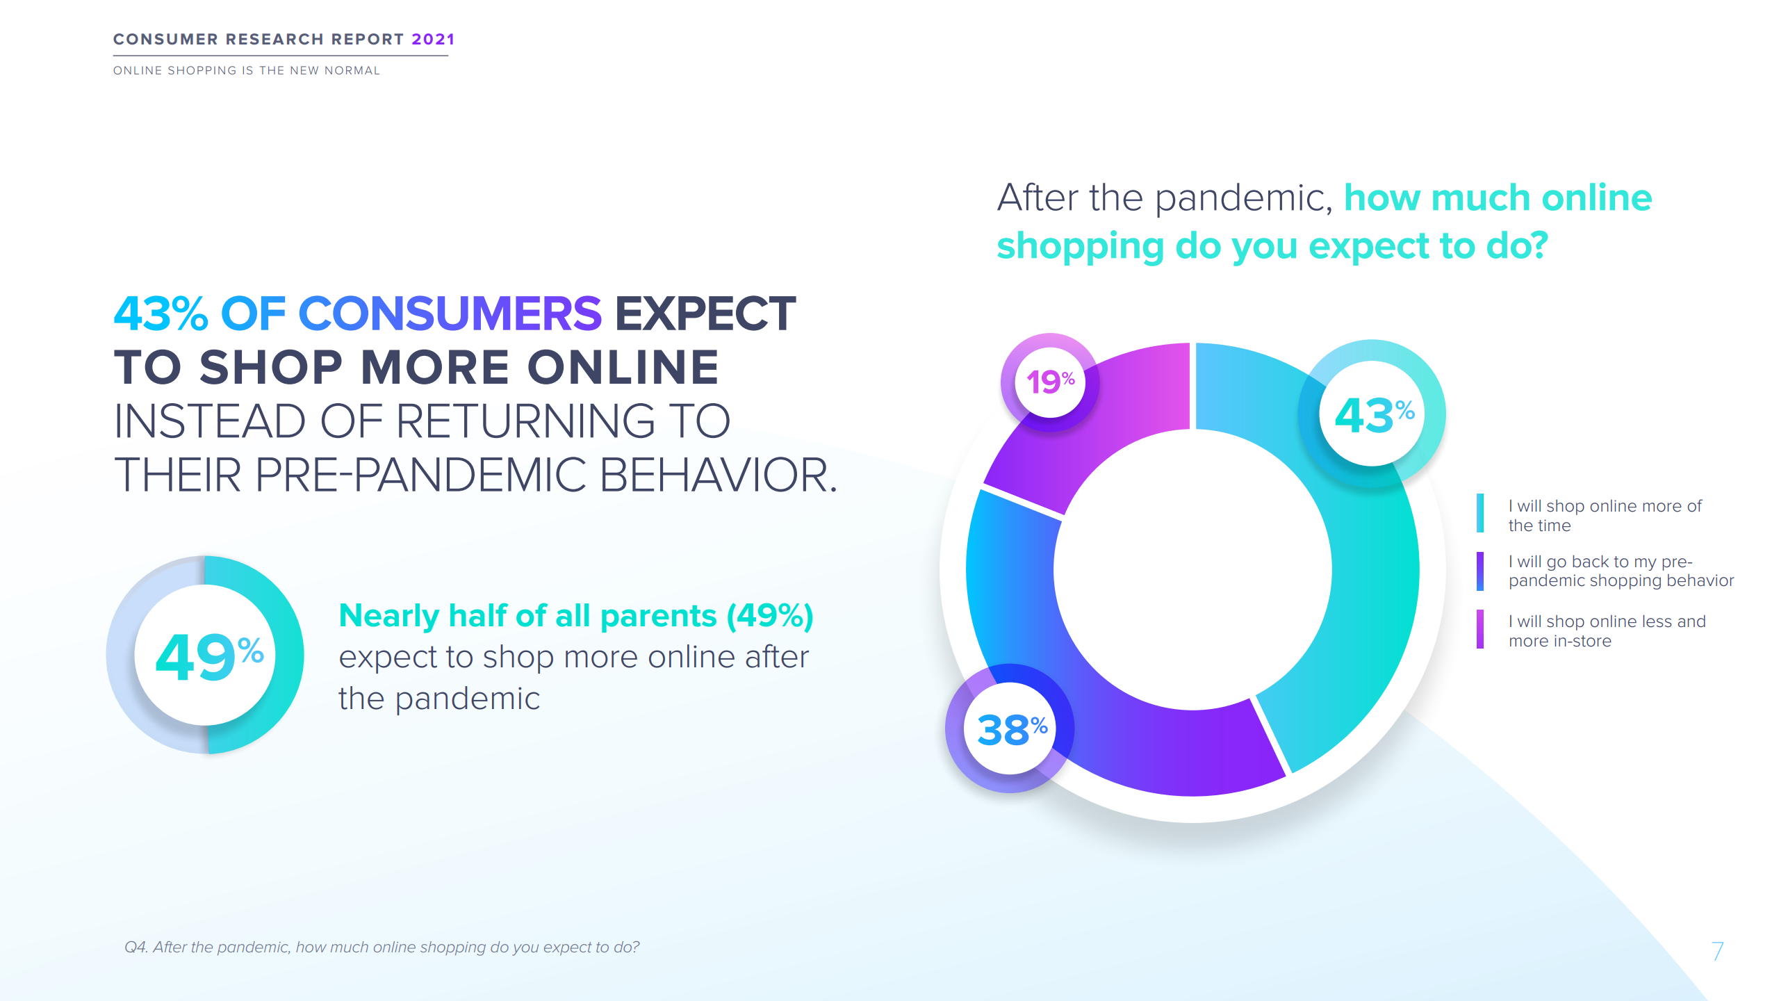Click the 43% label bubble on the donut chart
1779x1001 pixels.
(1372, 414)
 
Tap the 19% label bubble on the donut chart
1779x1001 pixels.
(1050, 382)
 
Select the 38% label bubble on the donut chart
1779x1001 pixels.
(1009, 729)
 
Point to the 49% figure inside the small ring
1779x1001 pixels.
(209, 656)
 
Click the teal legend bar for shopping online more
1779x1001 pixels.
(1480, 513)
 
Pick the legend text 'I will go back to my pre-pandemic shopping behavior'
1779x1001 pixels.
(1621, 571)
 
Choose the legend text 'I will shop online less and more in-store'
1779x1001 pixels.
(1607, 630)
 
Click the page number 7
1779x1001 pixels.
(1717, 951)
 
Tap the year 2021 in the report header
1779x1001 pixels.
(433, 39)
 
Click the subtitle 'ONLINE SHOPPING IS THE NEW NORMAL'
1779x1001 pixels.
(247, 70)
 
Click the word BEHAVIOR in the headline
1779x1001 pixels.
(718, 475)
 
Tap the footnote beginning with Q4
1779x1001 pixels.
(382, 947)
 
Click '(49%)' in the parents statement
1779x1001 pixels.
(770, 616)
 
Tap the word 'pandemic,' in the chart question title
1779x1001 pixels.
(1244, 199)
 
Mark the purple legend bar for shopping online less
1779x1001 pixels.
(1480, 629)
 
